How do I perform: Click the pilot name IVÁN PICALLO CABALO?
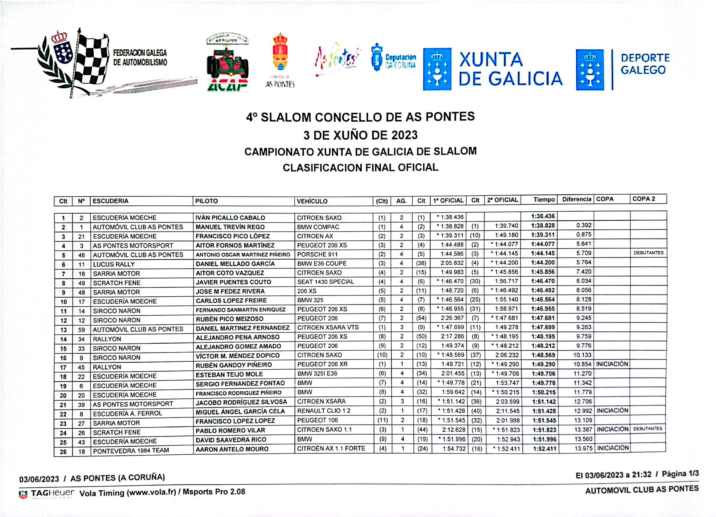[230, 218]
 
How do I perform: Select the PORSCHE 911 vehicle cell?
[317, 254]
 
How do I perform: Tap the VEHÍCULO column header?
[312, 201]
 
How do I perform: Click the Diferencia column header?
[576, 199]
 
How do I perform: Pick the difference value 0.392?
[583, 225]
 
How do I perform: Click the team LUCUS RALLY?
[114, 264]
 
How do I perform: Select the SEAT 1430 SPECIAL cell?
[326, 282]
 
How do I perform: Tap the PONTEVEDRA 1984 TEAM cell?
[131, 450]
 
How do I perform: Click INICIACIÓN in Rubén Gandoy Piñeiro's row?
[612, 364]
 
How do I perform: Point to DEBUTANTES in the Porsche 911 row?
[648, 253]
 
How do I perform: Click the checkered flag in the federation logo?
[91, 60]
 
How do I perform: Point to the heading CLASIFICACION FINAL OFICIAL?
[360, 167]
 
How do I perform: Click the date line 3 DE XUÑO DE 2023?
[360, 135]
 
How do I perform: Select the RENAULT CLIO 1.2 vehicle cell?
[323, 411]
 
